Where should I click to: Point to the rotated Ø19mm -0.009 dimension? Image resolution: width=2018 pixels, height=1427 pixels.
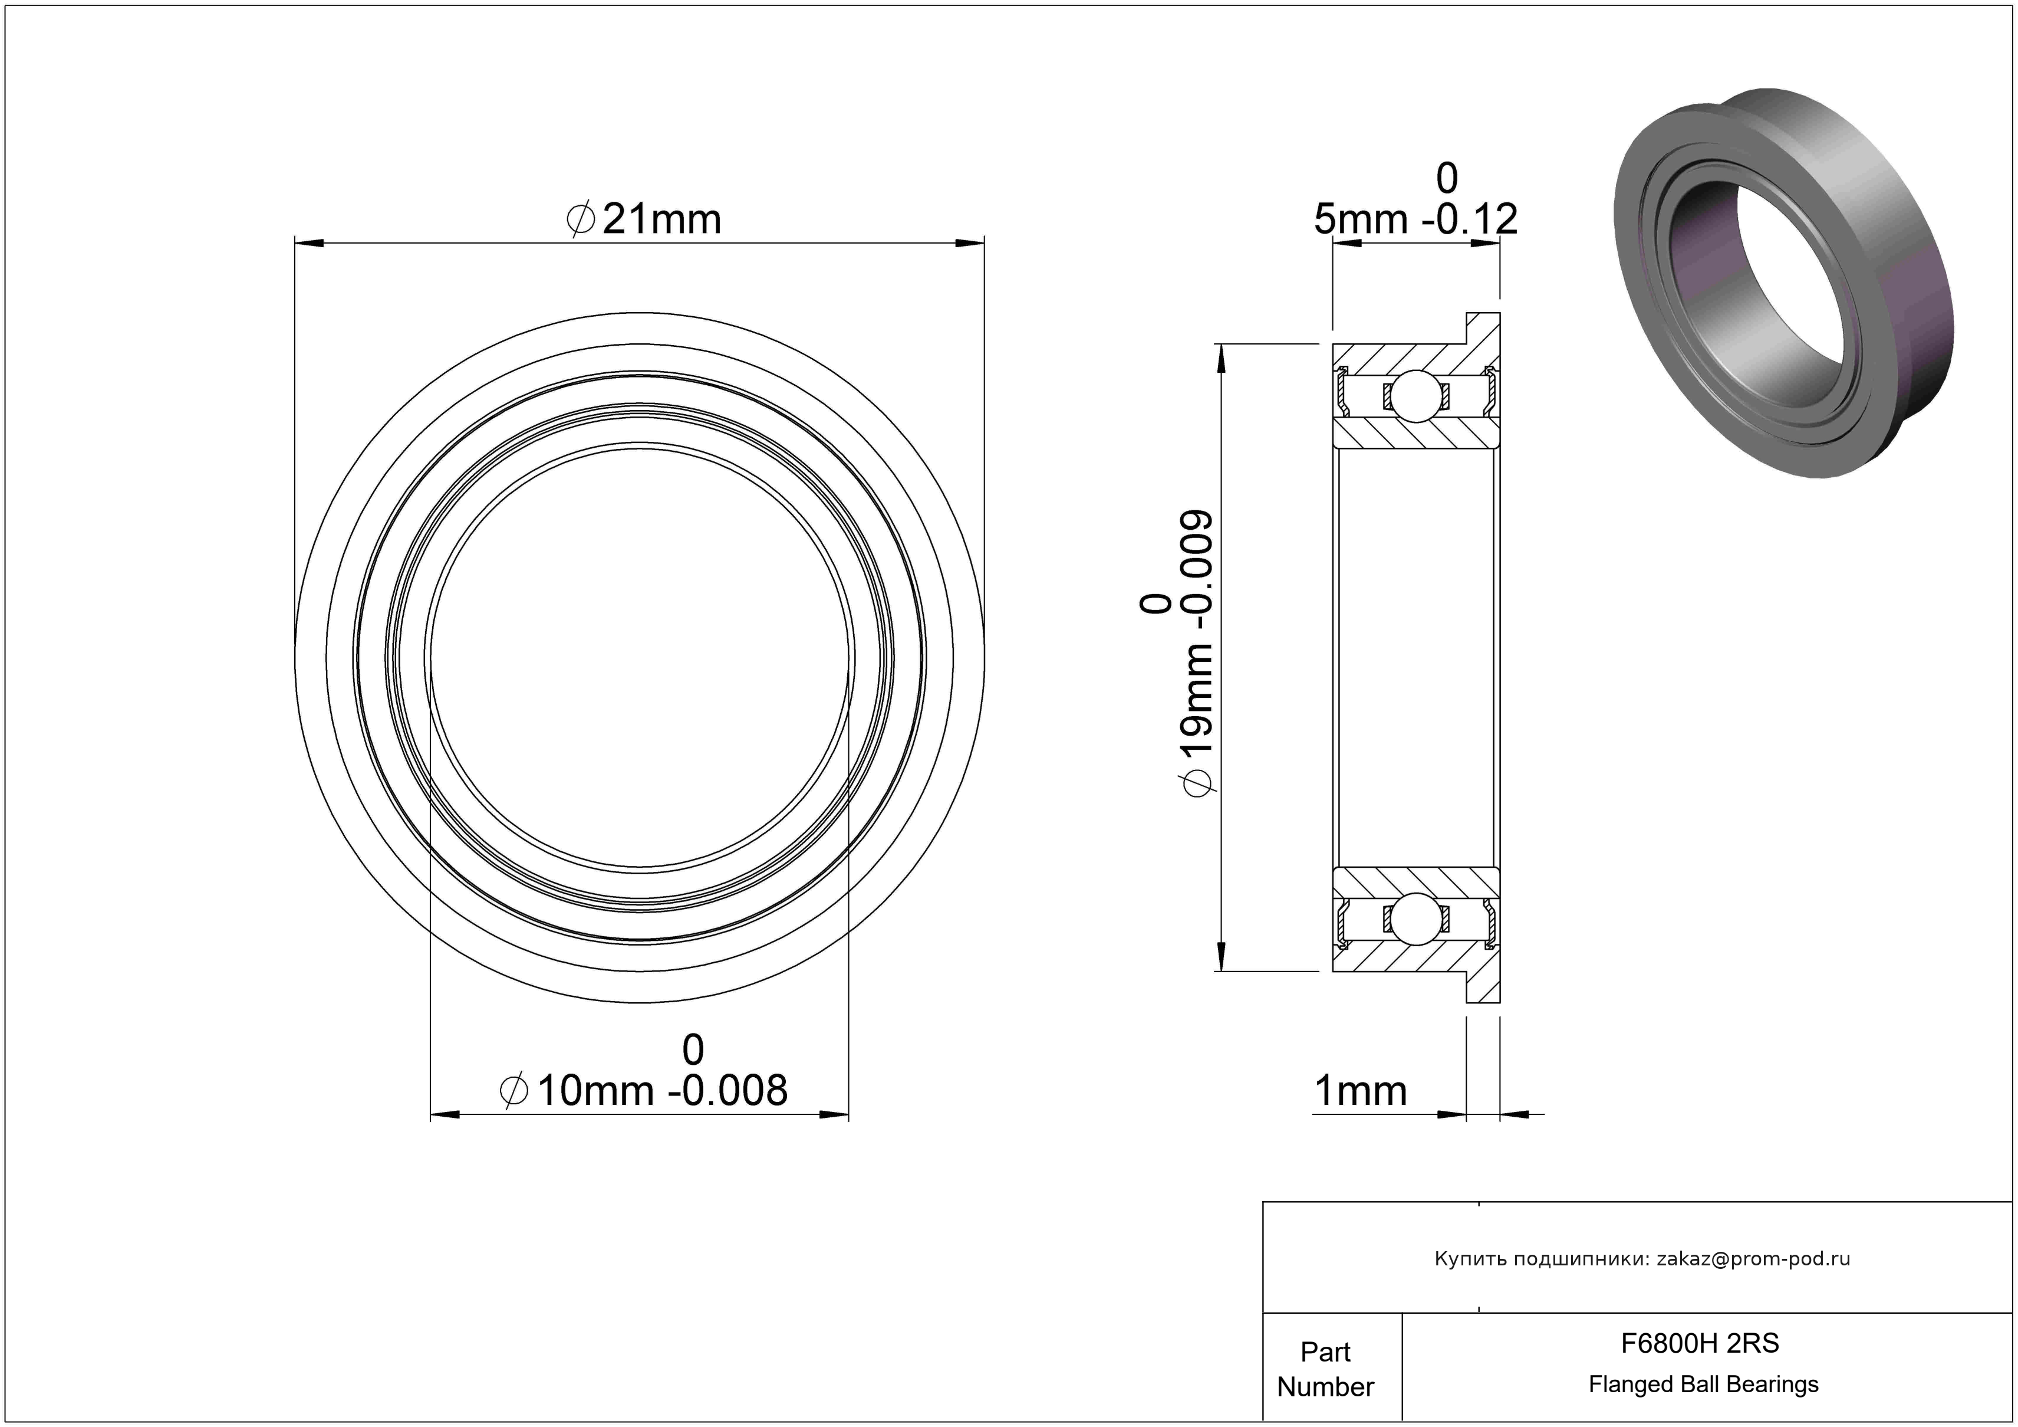1198,653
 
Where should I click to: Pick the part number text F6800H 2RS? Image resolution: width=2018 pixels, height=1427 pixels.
1700,1343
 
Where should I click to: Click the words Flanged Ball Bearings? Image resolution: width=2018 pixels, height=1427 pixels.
1703,1384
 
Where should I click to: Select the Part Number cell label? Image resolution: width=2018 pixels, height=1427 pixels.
1325,1369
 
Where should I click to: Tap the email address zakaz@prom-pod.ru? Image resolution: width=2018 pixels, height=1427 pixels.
1753,1259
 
